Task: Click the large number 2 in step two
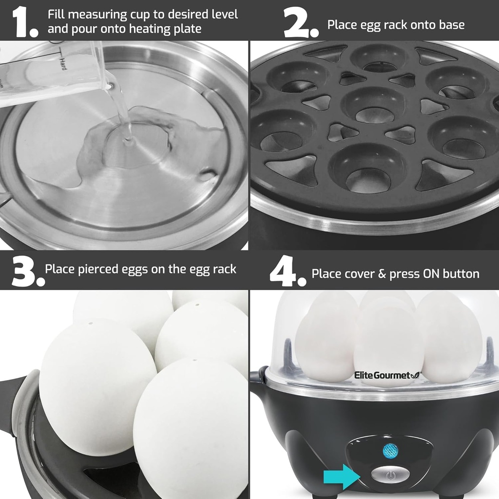(298, 22)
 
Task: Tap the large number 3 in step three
(25, 271)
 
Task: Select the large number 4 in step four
(286, 271)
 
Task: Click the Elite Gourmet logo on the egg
(385, 375)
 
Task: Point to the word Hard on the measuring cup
(62, 64)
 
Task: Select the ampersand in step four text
(382, 274)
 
